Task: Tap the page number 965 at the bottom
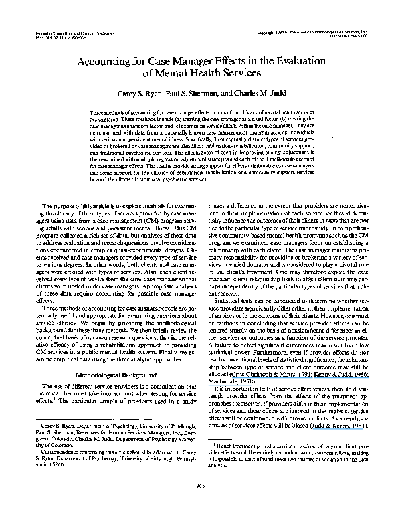199,503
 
